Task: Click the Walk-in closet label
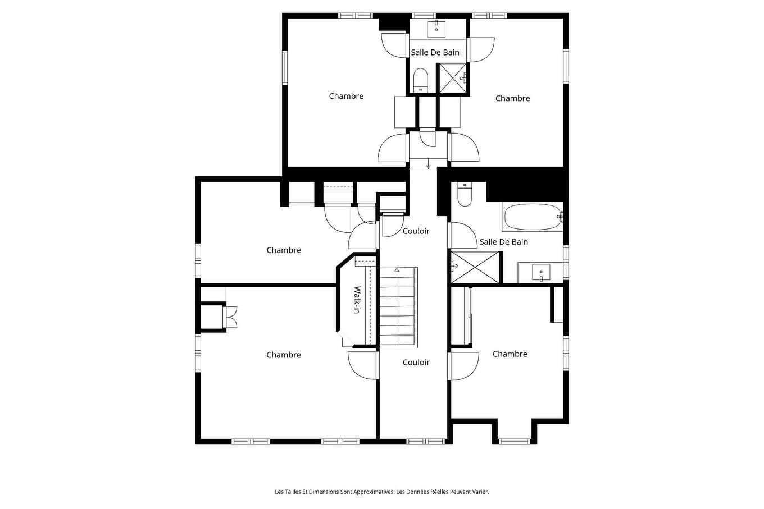click(356, 300)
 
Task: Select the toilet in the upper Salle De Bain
click(420, 80)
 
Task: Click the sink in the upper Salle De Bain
click(436, 26)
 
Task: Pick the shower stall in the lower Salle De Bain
click(475, 268)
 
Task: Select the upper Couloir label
click(416, 231)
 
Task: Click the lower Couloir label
click(416, 363)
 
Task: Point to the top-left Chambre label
click(346, 97)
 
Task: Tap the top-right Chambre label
click(512, 99)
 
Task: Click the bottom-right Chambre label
click(510, 354)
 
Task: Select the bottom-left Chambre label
click(283, 355)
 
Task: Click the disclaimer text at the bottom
click(382, 492)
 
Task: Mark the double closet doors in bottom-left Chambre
click(231, 317)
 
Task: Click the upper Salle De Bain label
click(435, 53)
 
